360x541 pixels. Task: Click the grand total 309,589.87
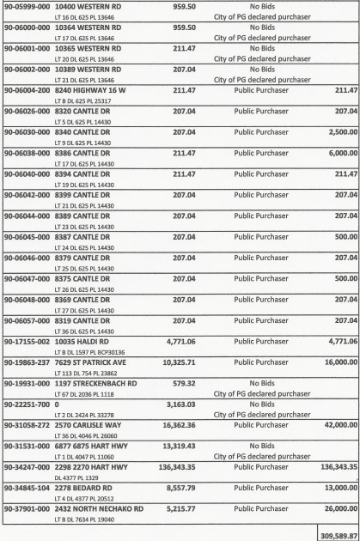(336, 533)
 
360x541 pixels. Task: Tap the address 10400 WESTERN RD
(90, 6)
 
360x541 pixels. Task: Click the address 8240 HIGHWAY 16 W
(90, 88)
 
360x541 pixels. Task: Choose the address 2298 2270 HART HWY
(92, 466)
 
